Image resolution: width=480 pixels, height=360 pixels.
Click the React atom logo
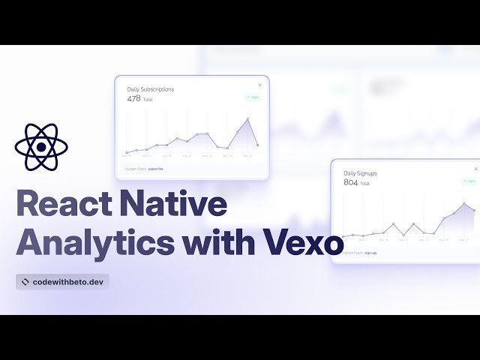[41, 145]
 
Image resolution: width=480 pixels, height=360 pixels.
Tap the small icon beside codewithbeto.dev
[25, 282]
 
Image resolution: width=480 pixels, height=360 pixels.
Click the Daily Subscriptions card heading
[150, 89]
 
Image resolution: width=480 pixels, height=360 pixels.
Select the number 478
[133, 98]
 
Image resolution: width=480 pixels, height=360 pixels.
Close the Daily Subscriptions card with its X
[260, 85]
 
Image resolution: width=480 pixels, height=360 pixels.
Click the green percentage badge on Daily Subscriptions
[252, 97]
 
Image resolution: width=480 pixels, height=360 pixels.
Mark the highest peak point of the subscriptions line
[248, 118]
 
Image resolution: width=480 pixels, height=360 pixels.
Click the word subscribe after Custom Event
[155, 169]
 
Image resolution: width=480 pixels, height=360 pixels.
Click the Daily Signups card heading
[360, 173]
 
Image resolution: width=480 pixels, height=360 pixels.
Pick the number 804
[350, 182]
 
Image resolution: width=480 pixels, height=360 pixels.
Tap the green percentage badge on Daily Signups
[469, 181]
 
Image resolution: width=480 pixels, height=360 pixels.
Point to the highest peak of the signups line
[465, 203]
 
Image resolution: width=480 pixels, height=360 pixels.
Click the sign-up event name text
[370, 253]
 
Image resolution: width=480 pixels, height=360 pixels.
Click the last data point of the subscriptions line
[257, 145]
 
